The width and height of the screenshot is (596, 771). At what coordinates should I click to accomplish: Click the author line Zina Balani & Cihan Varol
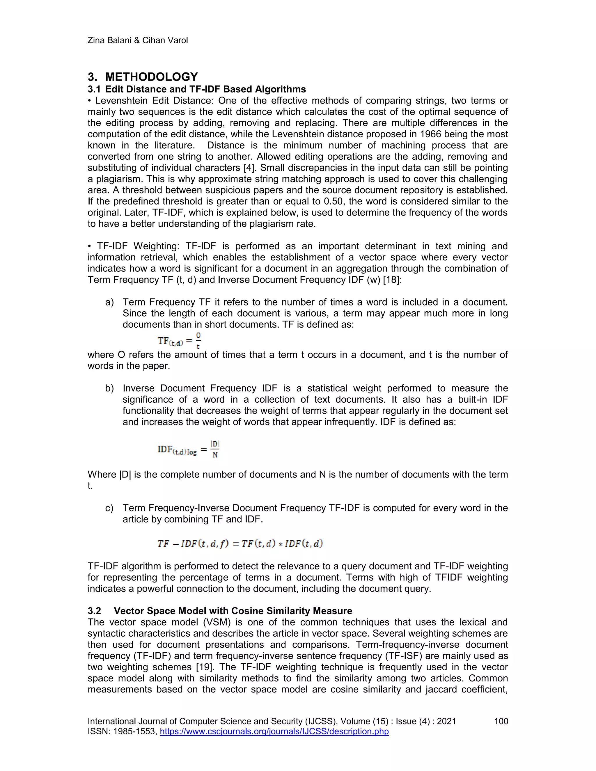[137, 40]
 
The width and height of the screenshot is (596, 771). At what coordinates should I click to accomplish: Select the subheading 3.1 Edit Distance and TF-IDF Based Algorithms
[197, 89]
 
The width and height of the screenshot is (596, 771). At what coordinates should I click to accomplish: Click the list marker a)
[109, 302]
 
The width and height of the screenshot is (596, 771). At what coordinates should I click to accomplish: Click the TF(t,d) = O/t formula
[179, 341]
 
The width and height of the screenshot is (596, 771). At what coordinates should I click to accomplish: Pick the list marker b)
[109, 388]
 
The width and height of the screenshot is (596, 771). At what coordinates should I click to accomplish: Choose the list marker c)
[109, 508]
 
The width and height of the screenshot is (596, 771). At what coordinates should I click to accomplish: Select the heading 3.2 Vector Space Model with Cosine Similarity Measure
[220, 611]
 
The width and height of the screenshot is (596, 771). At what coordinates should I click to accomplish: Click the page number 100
[501, 721]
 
